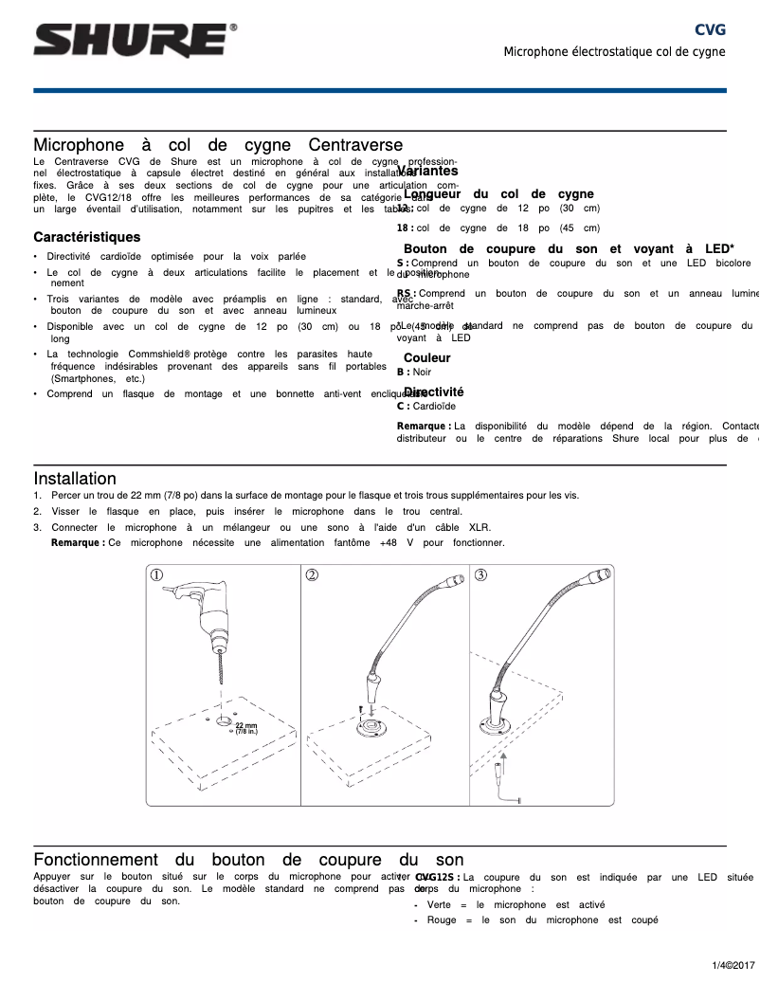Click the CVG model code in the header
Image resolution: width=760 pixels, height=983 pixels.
click(x=710, y=29)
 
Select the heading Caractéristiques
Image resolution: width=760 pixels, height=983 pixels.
click(x=86, y=237)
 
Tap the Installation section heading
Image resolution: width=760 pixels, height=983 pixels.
click(x=75, y=479)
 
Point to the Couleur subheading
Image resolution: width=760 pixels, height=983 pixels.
click(x=427, y=358)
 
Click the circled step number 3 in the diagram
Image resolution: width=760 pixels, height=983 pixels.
click(x=481, y=574)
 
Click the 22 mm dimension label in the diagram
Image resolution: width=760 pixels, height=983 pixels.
click(x=245, y=727)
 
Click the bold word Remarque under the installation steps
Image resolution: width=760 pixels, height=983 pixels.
click(x=78, y=543)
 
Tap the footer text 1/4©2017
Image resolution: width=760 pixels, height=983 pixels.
click(x=733, y=964)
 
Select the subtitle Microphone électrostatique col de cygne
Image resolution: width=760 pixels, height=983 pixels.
click(x=614, y=51)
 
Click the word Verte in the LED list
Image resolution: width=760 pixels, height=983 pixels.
click(x=439, y=905)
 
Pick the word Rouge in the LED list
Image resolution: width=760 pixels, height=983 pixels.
click(x=442, y=920)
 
